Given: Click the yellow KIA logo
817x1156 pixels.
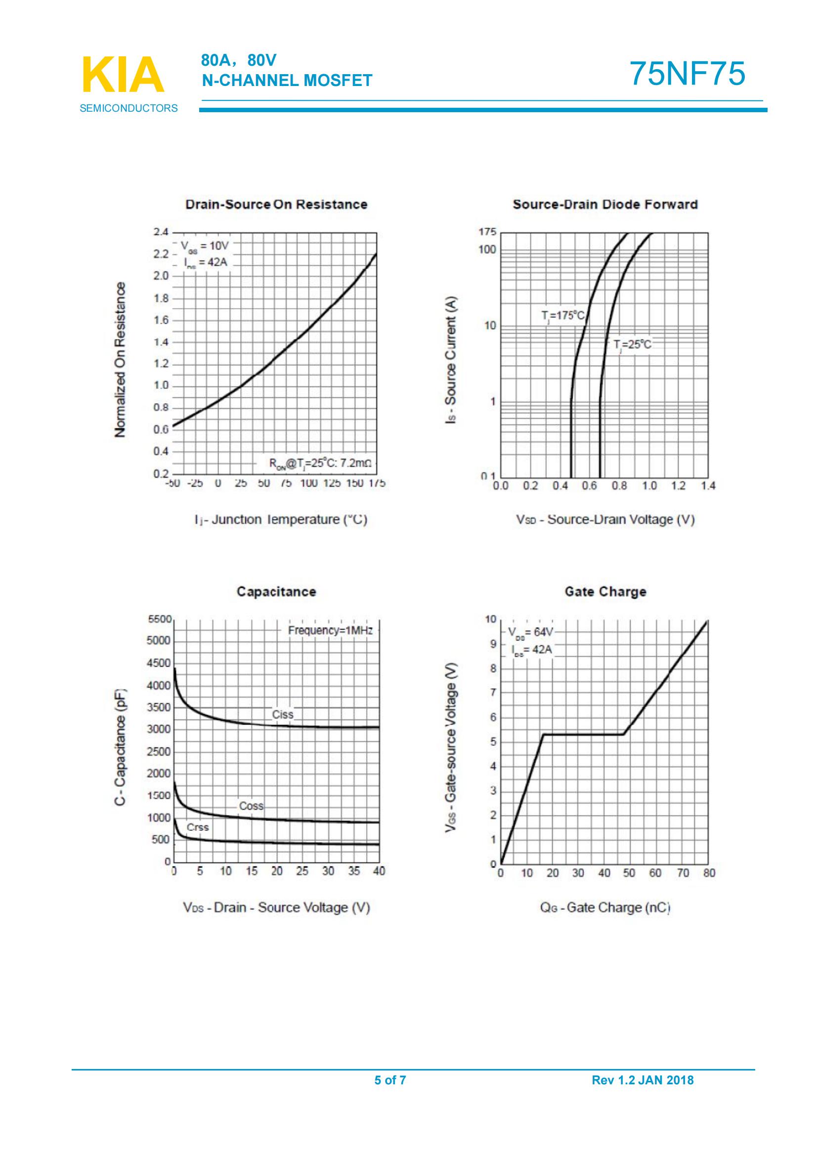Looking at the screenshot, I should point(124,75).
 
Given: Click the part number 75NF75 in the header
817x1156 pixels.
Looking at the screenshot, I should point(687,74).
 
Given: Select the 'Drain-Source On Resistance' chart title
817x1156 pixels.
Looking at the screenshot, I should point(276,205).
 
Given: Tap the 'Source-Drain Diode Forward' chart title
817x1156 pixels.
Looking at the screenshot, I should point(605,205).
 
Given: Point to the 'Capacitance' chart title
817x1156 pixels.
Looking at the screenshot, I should point(276,592).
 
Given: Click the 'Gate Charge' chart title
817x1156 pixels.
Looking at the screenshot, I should point(605,592).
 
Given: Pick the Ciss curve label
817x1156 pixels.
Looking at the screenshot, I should point(282,714).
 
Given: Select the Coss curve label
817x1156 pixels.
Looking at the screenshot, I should point(251,806).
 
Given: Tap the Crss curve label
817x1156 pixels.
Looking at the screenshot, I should point(197,827).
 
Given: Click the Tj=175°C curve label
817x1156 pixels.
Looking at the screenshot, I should point(563,316).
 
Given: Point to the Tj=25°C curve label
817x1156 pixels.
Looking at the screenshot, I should point(632,345).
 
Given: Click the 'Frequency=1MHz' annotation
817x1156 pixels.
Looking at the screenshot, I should point(330,630).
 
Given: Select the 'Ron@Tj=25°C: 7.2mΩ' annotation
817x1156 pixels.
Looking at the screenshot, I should point(320,464).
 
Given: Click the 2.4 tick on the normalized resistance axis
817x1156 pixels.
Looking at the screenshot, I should point(161,232).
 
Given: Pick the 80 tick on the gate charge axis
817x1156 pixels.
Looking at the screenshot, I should point(709,873).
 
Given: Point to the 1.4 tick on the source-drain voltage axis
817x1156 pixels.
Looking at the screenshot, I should point(708,486).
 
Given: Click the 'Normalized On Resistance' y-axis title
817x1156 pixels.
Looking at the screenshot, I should point(120,360).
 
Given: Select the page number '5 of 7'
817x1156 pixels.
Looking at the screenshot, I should point(390,1079).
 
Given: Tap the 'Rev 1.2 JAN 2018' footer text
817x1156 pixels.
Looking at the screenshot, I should point(643,1079).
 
